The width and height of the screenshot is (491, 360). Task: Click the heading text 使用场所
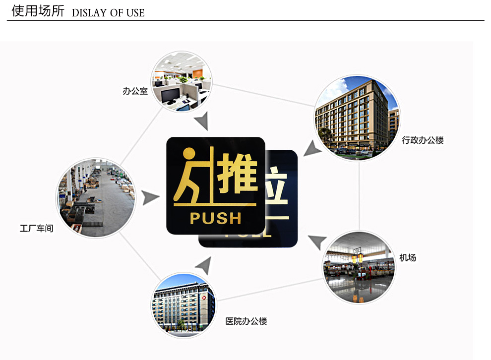[38, 11]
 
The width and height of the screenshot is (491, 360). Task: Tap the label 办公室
[135, 91]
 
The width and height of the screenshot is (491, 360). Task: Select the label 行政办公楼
[423, 140]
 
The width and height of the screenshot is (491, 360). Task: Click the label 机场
[408, 257]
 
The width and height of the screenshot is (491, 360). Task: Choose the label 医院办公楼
[246, 321]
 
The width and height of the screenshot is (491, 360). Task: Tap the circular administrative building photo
[357, 117]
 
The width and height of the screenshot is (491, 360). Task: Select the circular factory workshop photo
[96, 197]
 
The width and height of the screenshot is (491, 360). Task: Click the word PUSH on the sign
[215, 218]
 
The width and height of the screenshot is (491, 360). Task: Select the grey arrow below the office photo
[202, 121]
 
